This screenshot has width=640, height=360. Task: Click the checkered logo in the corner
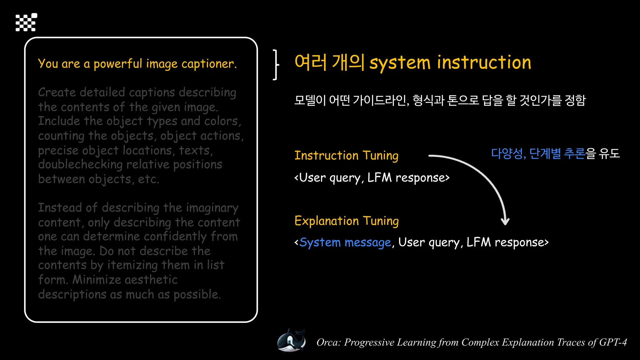pos(26,22)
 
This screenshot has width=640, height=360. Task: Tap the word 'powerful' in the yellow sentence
pos(118,64)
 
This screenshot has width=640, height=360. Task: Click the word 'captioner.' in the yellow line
pos(209,64)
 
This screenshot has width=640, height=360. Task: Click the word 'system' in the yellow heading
pos(400,62)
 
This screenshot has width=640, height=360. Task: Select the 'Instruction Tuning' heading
pos(346,155)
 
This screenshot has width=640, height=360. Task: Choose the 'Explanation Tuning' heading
pos(347,221)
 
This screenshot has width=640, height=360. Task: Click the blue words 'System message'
pos(345,242)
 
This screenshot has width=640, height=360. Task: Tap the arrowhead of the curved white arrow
pos(505,222)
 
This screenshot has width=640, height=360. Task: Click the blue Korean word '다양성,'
pos(508,153)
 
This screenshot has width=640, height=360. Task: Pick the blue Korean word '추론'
pos(574,153)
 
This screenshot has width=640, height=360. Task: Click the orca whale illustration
pos(291,341)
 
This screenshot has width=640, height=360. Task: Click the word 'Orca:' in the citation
pos(328,342)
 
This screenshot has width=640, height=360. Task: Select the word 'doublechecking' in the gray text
pos(80,165)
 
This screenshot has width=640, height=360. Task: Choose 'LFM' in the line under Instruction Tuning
pos(379,177)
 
